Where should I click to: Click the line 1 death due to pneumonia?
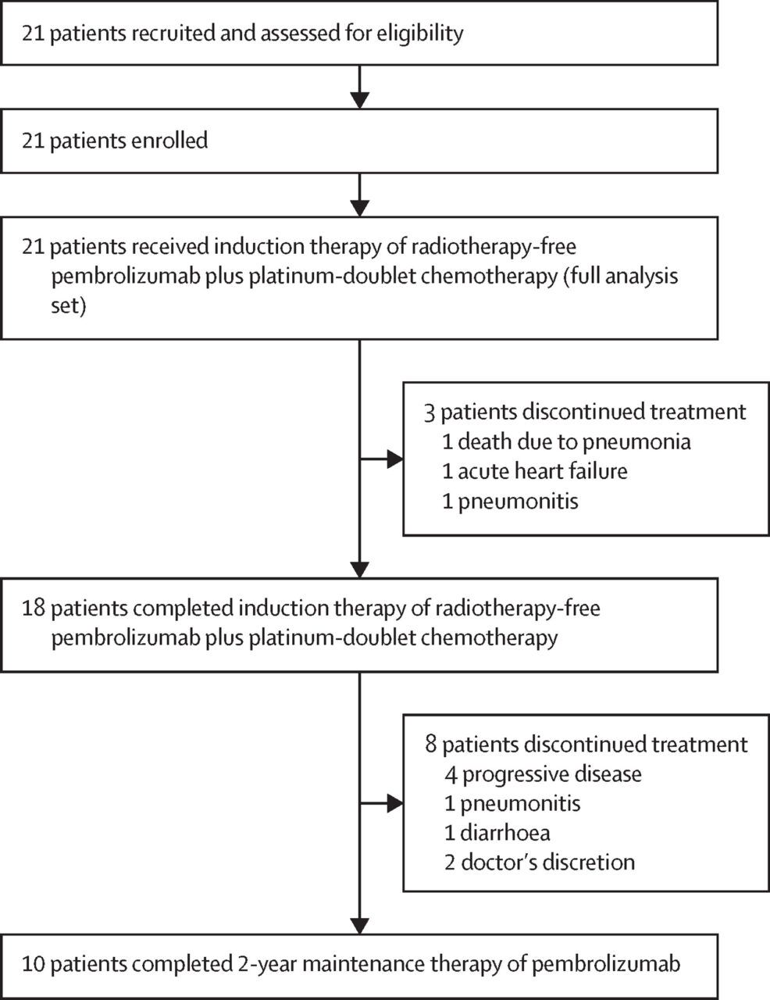566,441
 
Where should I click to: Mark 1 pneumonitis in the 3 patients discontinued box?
510,501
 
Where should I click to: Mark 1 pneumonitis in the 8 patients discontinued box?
512,803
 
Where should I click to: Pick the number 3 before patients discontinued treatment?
429,412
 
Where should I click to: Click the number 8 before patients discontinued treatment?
431,744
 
